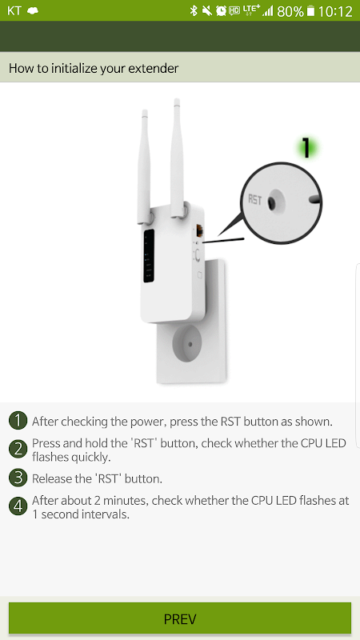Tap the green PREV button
click(x=179, y=618)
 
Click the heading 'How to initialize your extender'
click(x=94, y=68)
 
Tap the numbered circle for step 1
click(x=18, y=422)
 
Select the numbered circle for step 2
click(x=18, y=450)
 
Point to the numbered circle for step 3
click(x=18, y=478)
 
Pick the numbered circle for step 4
click(x=18, y=507)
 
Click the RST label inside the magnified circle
click(x=255, y=200)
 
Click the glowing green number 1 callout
click(x=306, y=147)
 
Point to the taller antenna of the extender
click(x=177, y=158)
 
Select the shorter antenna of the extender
click(x=144, y=166)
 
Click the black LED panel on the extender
click(x=149, y=256)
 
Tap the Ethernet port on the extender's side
click(x=199, y=231)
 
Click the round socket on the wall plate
click(x=190, y=343)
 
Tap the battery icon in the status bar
click(x=311, y=11)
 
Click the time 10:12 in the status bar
click(x=335, y=11)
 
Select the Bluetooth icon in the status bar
click(x=194, y=10)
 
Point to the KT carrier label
click(x=14, y=10)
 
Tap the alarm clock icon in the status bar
click(x=222, y=10)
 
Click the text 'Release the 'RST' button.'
click(x=97, y=478)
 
